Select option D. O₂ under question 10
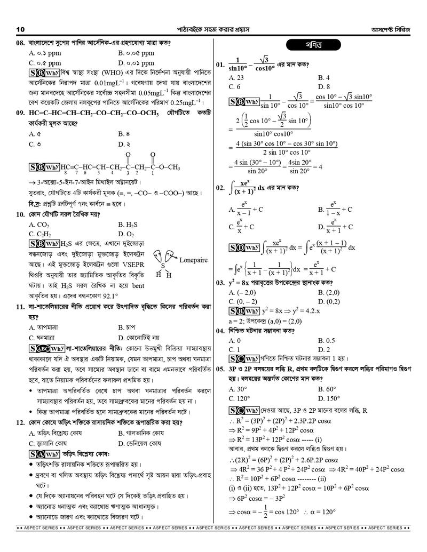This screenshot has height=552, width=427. (126, 234)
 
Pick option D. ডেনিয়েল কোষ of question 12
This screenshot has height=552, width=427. (140, 443)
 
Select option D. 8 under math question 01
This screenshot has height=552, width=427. (324, 86)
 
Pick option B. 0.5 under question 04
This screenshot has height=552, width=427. (326, 340)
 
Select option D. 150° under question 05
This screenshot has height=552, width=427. (328, 398)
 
